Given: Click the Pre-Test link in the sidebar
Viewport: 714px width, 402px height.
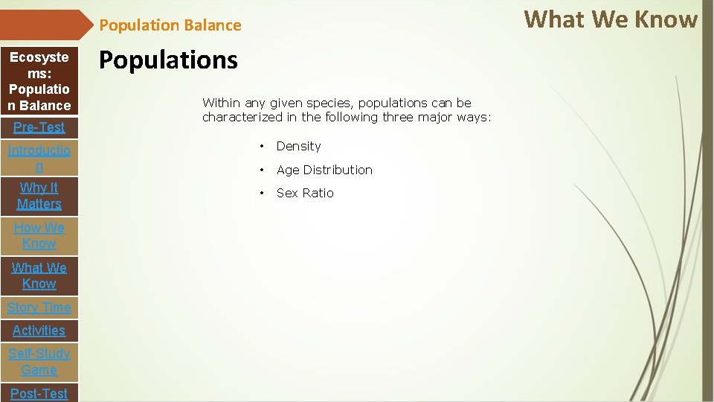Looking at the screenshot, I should [39, 127].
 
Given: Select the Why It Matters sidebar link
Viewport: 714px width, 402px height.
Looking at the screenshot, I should [39, 196].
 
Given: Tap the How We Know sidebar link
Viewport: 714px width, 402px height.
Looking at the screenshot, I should [39, 235].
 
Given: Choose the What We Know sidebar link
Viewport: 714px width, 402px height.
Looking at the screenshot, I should [39, 275].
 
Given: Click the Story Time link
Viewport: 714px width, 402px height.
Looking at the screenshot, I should [39, 307].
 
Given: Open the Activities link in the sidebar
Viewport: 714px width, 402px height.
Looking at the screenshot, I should [39, 331].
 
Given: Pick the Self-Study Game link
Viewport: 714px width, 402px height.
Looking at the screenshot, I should [39, 362].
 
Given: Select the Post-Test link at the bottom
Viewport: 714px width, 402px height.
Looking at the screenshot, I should [39, 393].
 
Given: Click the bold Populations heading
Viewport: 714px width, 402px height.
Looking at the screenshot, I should [168, 60].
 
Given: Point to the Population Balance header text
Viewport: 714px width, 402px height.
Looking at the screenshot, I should [170, 25].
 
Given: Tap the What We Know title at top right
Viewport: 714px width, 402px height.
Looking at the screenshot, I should [611, 19].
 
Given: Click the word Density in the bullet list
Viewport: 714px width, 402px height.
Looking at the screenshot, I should [298, 147].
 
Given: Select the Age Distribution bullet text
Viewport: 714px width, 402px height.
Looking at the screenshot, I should [324, 170].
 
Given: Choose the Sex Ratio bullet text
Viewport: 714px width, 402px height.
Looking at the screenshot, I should [305, 193].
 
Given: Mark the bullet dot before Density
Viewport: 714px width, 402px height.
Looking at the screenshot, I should [262, 147].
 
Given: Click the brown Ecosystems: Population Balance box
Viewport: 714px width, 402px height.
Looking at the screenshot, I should [39, 81].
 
